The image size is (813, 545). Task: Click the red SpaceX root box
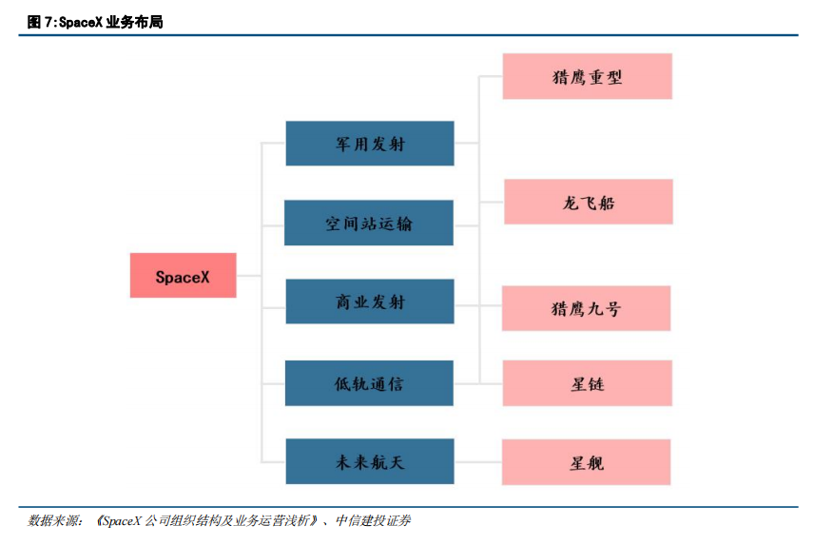tap(183, 275)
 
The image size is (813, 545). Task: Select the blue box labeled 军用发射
tap(370, 144)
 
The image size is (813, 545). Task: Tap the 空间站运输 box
tap(369, 223)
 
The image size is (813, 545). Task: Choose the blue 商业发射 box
tap(370, 302)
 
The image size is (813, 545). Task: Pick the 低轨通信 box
tap(369, 383)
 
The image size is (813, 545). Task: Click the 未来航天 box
tap(370, 461)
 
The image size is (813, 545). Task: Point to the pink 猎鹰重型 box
tap(588, 76)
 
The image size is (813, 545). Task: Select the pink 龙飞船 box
tap(589, 202)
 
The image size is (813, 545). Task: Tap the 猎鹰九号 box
tap(586, 308)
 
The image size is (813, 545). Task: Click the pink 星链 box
tap(588, 383)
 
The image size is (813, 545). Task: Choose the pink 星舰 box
tap(586, 462)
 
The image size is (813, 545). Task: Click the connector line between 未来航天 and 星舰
tap(478, 461)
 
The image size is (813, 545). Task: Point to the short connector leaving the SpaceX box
tap(248, 275)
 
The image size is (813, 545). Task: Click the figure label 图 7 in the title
tap(41, 22)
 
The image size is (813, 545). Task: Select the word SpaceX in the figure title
tap(81, 22)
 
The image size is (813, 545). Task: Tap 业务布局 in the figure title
tap(134, 22)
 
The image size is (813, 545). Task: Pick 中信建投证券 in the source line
tap(374, 520)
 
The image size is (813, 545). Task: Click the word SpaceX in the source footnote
tap(123, 520)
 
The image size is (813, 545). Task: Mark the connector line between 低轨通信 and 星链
tap(478, 383)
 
